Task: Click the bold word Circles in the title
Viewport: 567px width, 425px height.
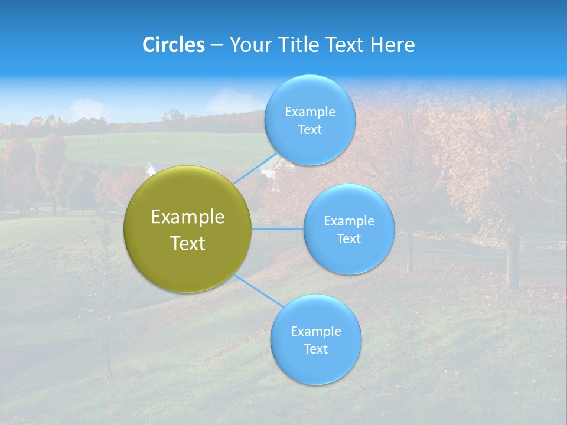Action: click(x=174, y=45)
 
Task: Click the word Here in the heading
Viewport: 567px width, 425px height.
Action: click(x=393, y=45)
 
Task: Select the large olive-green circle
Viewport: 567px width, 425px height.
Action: click(x=188, y=230)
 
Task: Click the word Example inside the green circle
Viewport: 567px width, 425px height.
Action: click(x=188, y=217)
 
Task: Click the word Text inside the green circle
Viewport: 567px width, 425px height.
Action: click(x=188, y=243)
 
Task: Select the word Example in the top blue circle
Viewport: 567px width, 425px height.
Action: click(x=309, y=112)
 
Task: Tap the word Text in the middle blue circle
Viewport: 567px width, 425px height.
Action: click(x=349, y=238)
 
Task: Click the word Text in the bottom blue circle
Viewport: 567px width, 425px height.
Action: click(x=316, y=349)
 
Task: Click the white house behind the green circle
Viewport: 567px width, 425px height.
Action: click(x=150, y=170)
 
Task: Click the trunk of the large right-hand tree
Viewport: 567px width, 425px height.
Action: click(x=513, y=260)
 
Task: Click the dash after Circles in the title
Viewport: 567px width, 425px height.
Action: click(x=216, y=45)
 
